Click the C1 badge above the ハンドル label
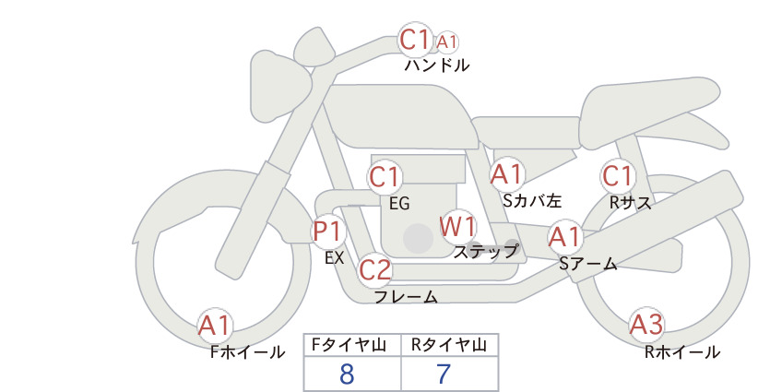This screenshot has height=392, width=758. pos(415,40)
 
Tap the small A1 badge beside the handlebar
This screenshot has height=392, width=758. pos(446,42)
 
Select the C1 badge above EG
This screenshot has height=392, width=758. pos(385,177)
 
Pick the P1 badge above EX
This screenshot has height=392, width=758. pos(328,231)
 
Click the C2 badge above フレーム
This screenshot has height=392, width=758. pos(374,269)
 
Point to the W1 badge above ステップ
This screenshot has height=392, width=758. pos(457,226)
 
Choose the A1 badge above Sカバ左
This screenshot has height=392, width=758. pos(507,174)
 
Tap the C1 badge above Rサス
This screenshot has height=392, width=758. pos(618,176)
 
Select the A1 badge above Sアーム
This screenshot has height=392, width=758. pos(564,237)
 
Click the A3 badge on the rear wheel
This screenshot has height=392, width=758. pos(646,325)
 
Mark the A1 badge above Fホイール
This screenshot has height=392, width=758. pos(215,325)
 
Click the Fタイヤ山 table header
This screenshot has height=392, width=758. pos(349,345)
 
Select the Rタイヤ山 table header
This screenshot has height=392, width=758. pos(450,345)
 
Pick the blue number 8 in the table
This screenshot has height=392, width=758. pos(347,374)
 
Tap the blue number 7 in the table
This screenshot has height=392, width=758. pos(444,374)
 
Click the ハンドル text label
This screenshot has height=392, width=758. pos(437,65)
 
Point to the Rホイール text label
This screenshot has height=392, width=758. pos(682,352)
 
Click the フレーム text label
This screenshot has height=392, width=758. pos(406,297)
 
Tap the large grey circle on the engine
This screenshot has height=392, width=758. pos(418,238)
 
